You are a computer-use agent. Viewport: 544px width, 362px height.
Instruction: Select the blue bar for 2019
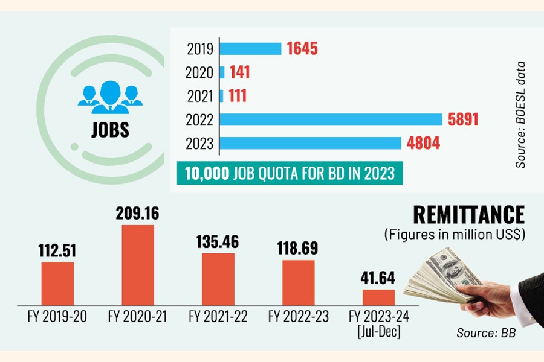pos(250,49)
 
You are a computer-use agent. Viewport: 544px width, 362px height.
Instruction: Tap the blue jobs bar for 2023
pos(310,144)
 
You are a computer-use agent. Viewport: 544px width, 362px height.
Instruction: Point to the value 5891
pos(463,119)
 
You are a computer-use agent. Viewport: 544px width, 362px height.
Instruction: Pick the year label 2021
pos(201,96)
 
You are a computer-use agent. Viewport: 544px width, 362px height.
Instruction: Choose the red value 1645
pos(303,49)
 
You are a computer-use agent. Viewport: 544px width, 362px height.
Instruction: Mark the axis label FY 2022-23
pos(299,316)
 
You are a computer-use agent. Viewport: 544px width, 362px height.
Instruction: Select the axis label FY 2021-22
pos(218,316)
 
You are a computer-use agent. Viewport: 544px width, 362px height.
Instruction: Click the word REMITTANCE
pos(468,215)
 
